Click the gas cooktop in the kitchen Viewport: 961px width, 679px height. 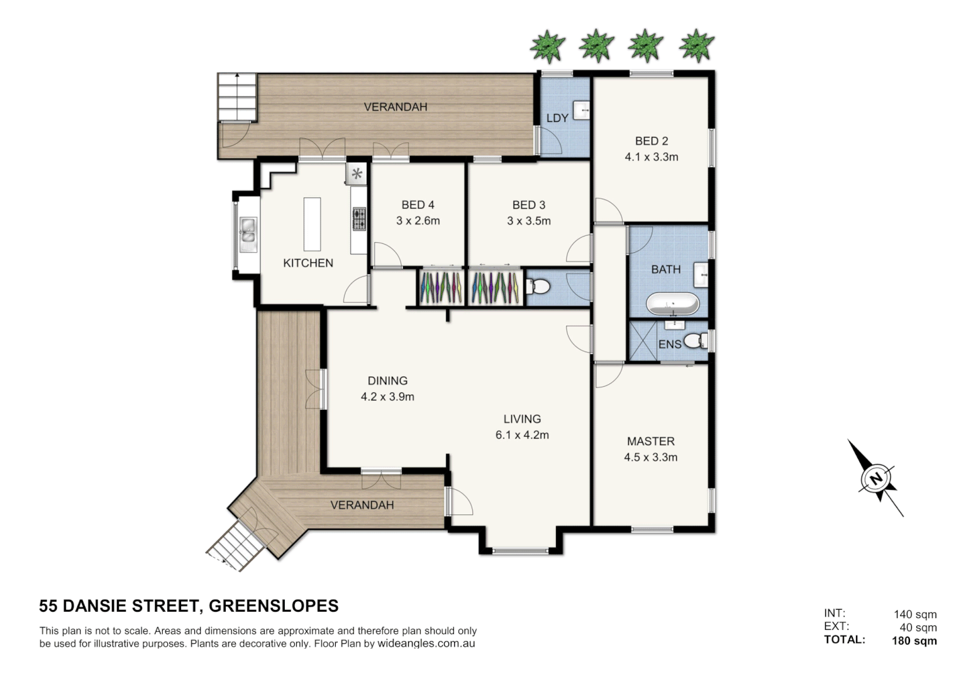click(359, 219)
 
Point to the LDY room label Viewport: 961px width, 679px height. click(557, 118)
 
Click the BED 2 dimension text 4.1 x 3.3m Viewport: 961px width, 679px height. click(651, 157)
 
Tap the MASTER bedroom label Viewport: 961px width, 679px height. click(650, 441)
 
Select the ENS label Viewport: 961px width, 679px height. click(670, 344)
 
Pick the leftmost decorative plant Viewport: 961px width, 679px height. click(547, 46)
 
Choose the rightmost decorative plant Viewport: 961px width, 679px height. click(697, 46)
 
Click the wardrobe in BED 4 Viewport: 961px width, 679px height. click(440, 288)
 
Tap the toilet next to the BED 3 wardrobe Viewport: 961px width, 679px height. click(538, 287)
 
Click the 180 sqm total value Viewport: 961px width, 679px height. click(914, 641)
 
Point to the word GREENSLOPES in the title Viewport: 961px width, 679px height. click(274, 606)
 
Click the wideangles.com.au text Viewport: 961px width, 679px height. click(426, 644)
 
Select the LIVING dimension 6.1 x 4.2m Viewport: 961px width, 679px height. click(522, 435)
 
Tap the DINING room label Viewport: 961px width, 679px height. click(387, 380)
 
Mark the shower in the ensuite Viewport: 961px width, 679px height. click(643, 341)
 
